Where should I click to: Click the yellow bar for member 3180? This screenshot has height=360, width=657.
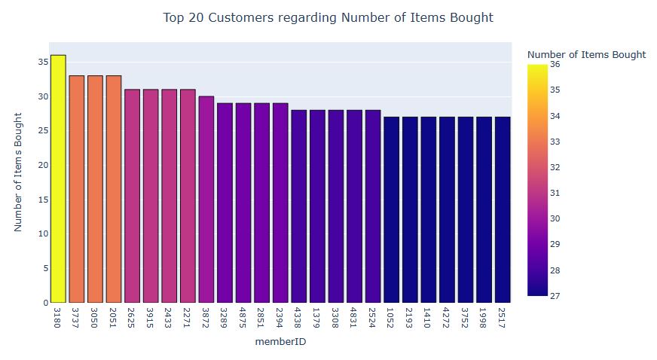tap(58, 178)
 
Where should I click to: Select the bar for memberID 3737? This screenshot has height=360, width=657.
tap(77, 188)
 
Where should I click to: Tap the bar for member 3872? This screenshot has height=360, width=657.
tap(206, 199)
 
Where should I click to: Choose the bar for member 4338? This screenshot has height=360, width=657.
tap(298, 206)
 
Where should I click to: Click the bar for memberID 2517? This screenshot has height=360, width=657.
tap(502, 209)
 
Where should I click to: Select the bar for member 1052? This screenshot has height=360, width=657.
tap(391, 209)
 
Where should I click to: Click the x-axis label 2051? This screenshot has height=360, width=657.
tap(114, 316)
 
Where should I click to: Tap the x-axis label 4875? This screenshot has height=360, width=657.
tap(243, 316)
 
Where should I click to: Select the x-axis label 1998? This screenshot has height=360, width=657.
tap(483, 316)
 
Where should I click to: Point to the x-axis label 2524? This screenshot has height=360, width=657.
tap(372, 316)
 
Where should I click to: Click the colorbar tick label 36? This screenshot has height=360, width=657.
tap(555, 64)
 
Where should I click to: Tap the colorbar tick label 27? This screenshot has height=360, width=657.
tap(555, 296)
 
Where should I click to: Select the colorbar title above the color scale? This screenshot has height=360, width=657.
tap(586, 54)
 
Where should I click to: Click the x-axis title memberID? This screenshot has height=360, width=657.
tap(280, 342)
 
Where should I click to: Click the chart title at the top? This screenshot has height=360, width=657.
tap(328, 17)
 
